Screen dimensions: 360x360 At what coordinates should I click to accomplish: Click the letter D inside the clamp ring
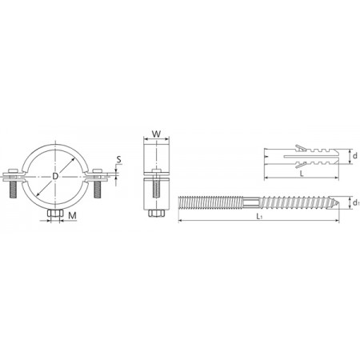55,176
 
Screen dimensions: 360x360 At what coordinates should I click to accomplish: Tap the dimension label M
72,215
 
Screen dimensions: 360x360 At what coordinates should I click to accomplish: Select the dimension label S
118,159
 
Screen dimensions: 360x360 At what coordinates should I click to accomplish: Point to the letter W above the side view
156,134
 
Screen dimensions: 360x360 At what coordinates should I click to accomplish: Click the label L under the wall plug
302,174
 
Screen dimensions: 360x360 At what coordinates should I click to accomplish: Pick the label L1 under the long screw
259,216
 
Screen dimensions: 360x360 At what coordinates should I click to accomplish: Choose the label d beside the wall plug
354,155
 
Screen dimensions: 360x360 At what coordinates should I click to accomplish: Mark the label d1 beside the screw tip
356,203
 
